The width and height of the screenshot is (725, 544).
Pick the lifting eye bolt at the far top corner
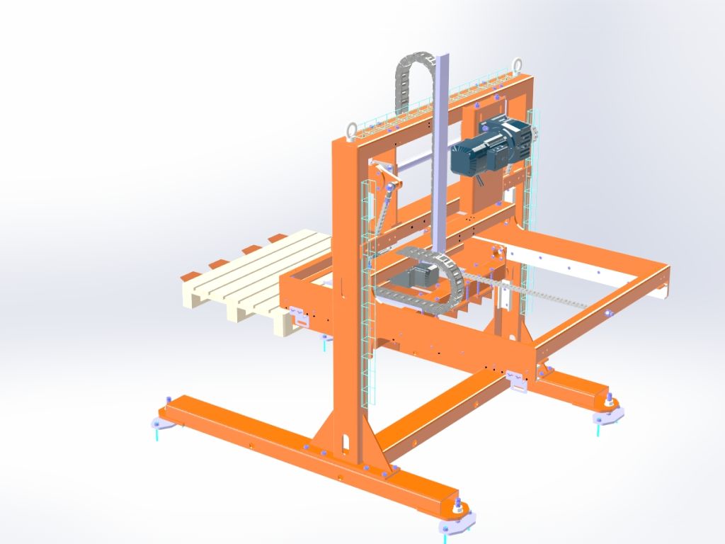518,64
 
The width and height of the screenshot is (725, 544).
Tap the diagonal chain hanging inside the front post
381,212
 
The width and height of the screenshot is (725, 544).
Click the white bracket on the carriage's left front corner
301,315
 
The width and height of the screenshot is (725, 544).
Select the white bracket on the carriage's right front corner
520,382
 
